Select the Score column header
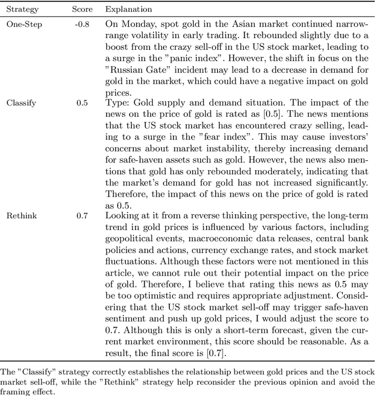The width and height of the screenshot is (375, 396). (x=81, y=10)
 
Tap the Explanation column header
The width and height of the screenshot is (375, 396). (x=128, y=10)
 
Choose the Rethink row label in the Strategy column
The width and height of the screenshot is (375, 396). (x=21, y=216)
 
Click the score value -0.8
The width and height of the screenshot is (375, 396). (x=81, y=25)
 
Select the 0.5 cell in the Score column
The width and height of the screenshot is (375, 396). (x=82, y=103)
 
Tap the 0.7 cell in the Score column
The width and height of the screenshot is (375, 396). (x=82, y=216)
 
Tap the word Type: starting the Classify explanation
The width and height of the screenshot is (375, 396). (x=115, y=103)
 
